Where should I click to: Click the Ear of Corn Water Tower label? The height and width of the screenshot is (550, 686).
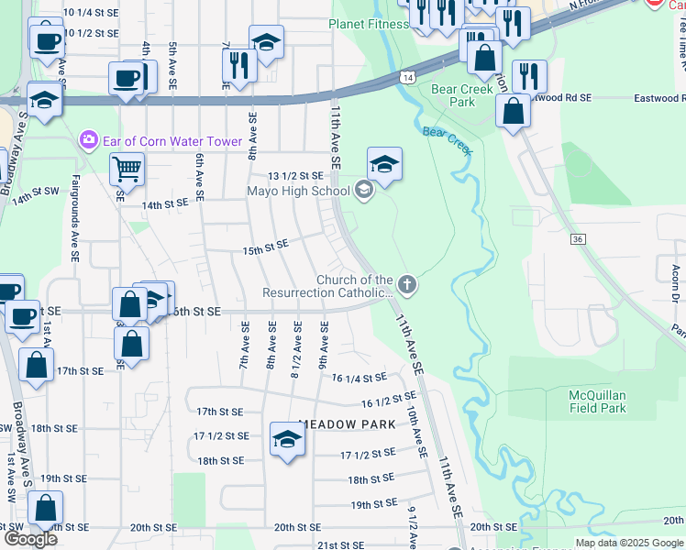point(171,141)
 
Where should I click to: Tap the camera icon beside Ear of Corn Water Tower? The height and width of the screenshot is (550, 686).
point(89,140)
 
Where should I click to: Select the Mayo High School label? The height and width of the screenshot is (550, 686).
point(298,192)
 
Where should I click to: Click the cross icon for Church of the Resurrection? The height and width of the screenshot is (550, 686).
point(406,286)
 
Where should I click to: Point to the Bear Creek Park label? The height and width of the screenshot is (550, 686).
point(453,95)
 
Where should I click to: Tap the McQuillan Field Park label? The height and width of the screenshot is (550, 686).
point(597,401)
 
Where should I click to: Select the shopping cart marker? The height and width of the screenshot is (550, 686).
point(126,168)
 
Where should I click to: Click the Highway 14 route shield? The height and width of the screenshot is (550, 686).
point(405,78)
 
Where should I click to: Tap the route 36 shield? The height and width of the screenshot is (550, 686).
point(577,239)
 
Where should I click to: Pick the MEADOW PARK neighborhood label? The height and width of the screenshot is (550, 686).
point(347,424)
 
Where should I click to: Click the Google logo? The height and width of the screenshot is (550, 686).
point(30,539)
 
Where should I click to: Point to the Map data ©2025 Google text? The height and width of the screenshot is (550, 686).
point(628,543)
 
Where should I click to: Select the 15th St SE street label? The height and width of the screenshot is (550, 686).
point(265,247)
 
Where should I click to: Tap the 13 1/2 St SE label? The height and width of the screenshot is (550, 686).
point(295,175)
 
